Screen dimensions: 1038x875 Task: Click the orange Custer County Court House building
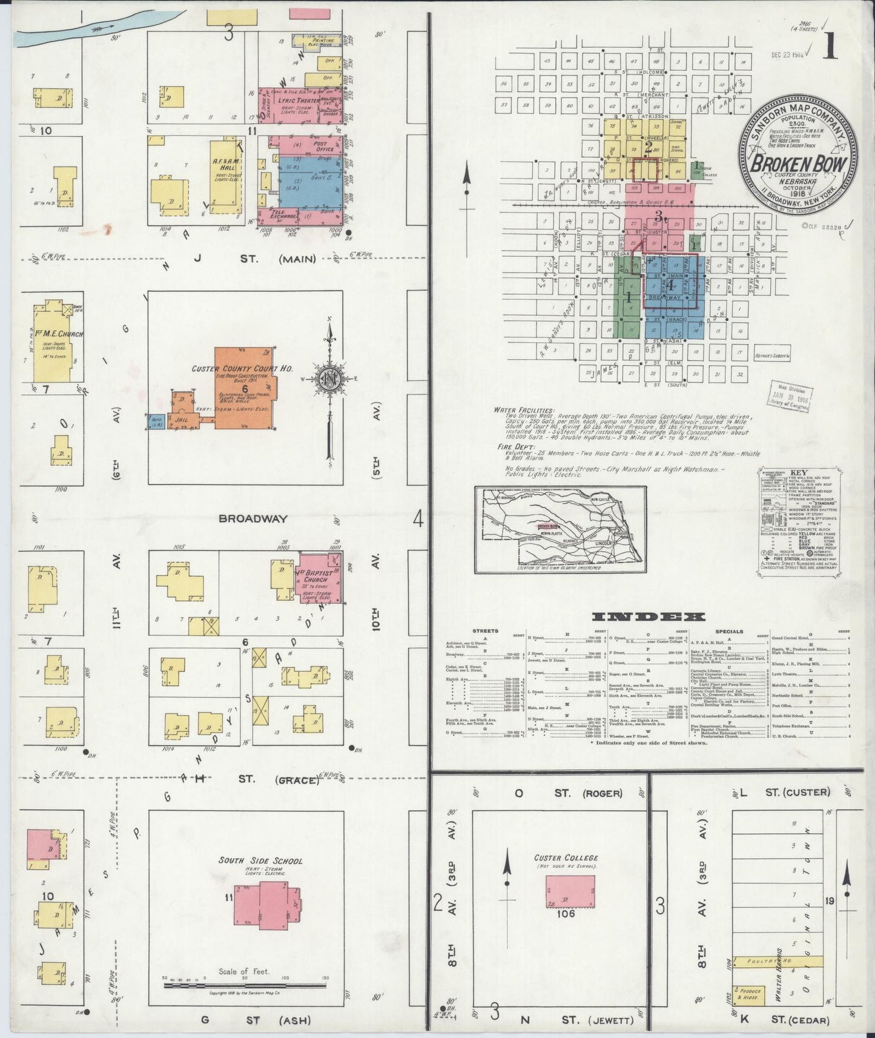tap(242, 388)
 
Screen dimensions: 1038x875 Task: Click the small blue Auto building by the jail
tap(156, 421)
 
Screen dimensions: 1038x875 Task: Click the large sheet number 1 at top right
tap(830, 47)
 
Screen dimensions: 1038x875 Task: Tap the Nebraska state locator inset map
tap(560, 530)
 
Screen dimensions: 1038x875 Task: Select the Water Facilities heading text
tap(523, 410)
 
